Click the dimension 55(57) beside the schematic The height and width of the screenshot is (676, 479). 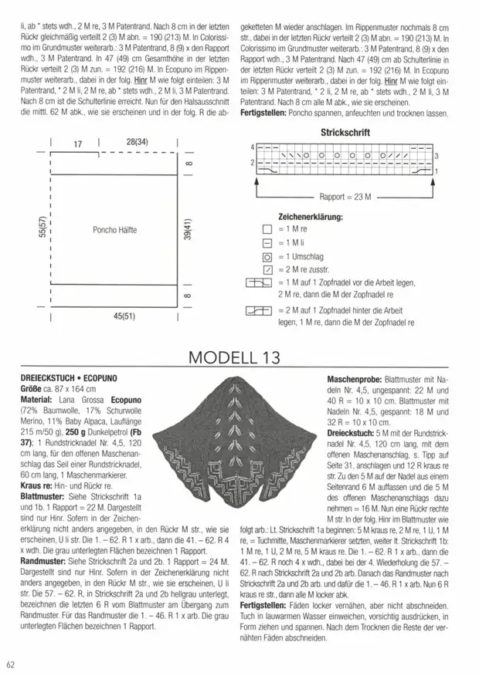(30, 229)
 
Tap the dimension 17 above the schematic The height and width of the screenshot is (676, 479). (77, 143)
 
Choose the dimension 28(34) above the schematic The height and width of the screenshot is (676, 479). (137, 143)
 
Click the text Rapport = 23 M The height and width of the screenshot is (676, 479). (345, 198)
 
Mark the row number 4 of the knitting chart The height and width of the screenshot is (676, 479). (252, 147)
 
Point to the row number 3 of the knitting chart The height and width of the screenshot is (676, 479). (437, 155)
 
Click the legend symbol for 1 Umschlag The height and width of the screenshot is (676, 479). (267, 256)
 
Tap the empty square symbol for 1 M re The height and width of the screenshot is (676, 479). (267, 229)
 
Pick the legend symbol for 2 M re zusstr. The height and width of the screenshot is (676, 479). (267, 270)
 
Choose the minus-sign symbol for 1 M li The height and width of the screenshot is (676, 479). (267, 243)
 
